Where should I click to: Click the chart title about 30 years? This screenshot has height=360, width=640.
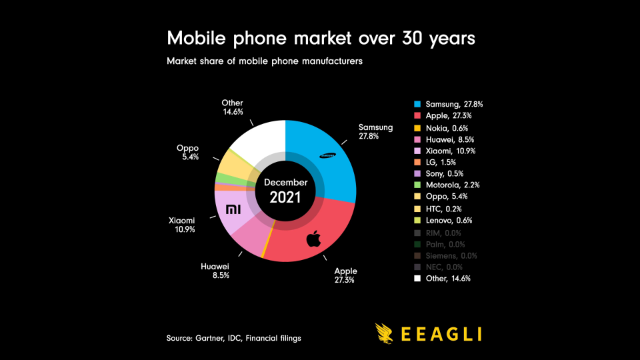[321, 38]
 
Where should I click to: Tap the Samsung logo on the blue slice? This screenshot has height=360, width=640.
[327, 156]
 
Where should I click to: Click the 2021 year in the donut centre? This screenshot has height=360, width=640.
[285, 197]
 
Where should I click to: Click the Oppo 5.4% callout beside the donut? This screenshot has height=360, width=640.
[187, 153]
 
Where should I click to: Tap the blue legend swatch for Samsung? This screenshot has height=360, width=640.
[417, 105]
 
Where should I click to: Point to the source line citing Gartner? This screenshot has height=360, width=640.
[233, 339]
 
